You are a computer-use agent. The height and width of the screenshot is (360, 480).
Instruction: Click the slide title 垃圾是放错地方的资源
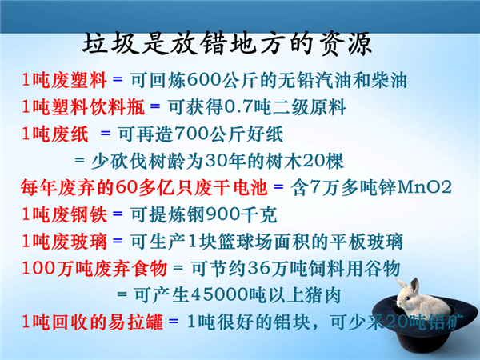click(227, 44)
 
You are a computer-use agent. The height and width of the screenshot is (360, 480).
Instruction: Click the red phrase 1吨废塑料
click(65, 81)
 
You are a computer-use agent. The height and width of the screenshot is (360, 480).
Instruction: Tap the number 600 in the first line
click(204, 81)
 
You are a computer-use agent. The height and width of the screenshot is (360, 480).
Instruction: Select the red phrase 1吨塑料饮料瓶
click(83, 107)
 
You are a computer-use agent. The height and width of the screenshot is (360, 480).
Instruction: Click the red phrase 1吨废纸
click(55, 134)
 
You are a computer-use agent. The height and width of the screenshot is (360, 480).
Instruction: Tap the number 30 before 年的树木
click(214, 161)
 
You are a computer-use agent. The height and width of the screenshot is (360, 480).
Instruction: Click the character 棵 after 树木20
click(335, 161)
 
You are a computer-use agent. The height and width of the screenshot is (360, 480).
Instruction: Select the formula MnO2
click(424, 187)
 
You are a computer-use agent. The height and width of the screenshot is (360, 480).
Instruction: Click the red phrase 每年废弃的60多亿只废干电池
click(144, 188)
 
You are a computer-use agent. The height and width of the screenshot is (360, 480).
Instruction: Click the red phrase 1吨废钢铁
click(65, 214)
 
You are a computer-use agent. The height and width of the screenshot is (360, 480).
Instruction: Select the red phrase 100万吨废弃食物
click(94, 269)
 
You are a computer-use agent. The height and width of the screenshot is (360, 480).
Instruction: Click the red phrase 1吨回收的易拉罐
click(93, 322)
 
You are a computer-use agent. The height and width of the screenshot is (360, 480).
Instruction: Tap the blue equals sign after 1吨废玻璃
click(118, 241)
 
